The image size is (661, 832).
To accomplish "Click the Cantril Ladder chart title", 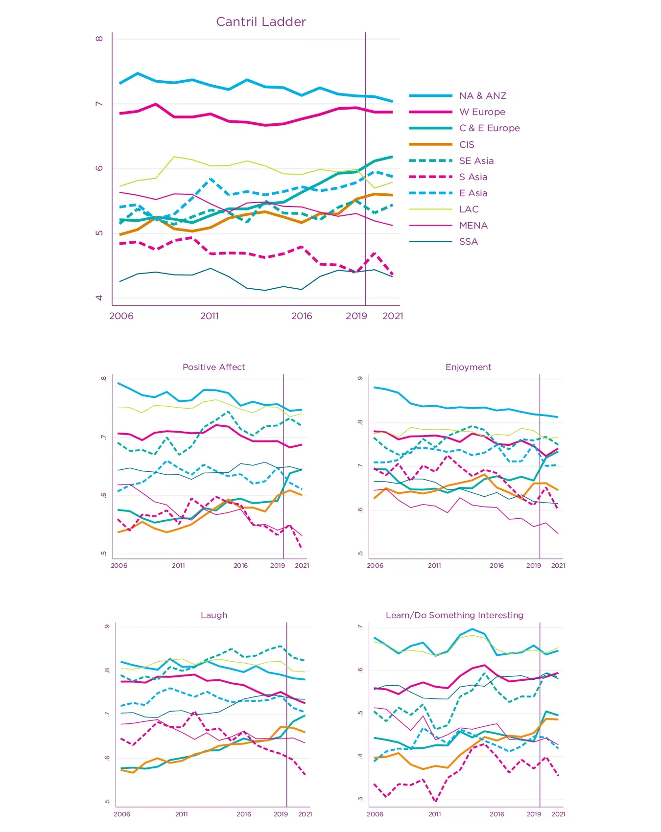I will pos(261,22).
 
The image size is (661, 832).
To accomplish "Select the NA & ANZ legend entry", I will pos(482,96).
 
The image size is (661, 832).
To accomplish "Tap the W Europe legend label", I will pos(482,112).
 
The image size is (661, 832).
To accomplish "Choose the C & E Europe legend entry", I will pos(489,128).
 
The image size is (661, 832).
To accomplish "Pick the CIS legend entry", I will pos(467,144).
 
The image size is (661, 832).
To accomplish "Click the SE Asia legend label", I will pos(476,161).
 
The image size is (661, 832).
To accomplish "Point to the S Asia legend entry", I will pos(473,177).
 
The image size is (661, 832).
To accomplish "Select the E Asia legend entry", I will pos(473,193).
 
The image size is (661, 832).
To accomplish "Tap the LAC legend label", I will pos(469,209).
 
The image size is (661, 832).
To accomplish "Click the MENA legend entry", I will pos(473,225).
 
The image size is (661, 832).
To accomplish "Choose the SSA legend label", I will pos(468,241).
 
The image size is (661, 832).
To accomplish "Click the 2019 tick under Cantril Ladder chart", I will pos(356,316).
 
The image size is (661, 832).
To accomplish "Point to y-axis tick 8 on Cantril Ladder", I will pos(99,39).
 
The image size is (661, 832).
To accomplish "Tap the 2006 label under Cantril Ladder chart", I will pos(121,316).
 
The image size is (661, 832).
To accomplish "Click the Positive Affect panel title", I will pos(213,367).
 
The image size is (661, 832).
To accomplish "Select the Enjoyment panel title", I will pos(468,367).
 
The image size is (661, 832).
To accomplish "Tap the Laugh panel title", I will pos(214,615).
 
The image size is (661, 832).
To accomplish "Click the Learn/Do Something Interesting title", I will pos(454,615).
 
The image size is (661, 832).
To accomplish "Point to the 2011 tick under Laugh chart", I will pos(181,814).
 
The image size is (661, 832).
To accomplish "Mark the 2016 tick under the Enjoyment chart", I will pos(496,565).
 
